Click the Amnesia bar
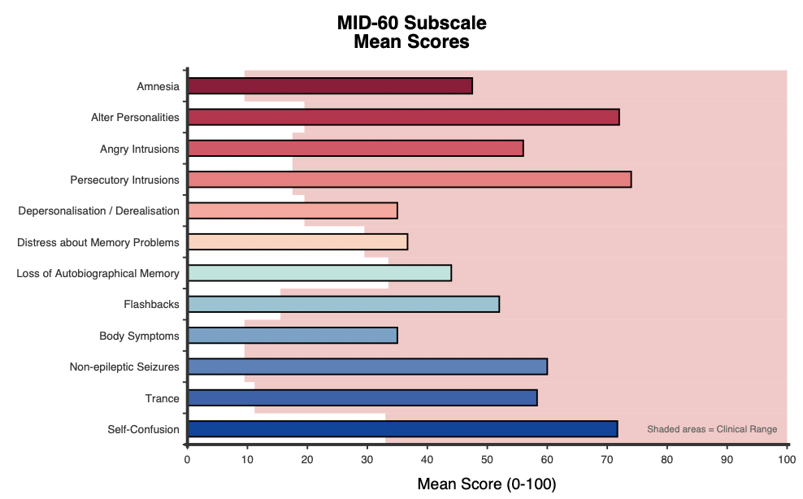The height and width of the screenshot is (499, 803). pyautogui.click(x=330, y=86)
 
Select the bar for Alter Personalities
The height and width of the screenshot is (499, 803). pyautogui.click(x=404, y=117)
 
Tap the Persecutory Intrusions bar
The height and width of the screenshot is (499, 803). pyautogui.click(x=410, y=180)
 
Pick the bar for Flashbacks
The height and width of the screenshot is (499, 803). pyautogui.click(x=344, y=304)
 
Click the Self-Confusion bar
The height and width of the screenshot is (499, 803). pyautogui.click(x=403, y=429)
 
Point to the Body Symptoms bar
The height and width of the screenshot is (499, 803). pyautogui.click(x=293, y=336)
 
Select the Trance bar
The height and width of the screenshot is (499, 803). pyautogui.click(x=362, y=398)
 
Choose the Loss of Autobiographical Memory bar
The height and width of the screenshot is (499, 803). pyautogui.click(x=319, y=273)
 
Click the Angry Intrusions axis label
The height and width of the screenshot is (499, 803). pyautogui.click(x=139, y=149)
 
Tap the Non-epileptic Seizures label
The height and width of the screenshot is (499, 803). pyautogui.click(x=124, y=367)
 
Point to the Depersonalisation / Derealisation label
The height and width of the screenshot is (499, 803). pyautogui.click(x=99, y=211)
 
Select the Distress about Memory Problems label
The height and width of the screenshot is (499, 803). pyautogui.click(x=98, y=242)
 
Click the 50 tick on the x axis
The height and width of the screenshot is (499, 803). pyautogui.click(x=487, y=459)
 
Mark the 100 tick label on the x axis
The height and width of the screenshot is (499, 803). pyautogui.click(x=787, y=459)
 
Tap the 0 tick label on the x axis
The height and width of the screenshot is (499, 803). pyautogui.click(x=187, y=459)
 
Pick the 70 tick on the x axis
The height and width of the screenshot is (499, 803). pyautogui.click(x=607, y=459)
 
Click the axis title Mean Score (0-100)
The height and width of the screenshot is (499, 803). pyautogui.click(x=487, y=484)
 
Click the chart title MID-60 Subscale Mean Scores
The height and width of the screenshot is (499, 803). pyautogui.click(x=412, y=32)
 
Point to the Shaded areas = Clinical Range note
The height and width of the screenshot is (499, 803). pyautogui.click(x=712, y=429)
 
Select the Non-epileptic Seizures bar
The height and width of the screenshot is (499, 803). pyautogui.click(x=367, y=367)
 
